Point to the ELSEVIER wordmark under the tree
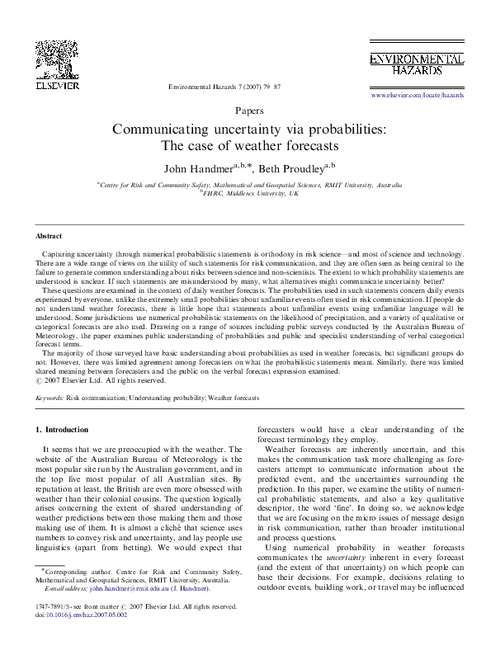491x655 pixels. pos(56,84)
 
